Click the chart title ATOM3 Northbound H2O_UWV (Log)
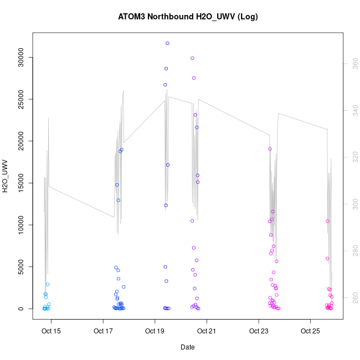pyautogui.click(x=188, y=17)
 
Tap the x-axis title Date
pyautogui.click(x=187, y=347)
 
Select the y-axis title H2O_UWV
pyautogui.click(x=6, y=176)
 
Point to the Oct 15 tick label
pyautogui.click(x=52, y=332)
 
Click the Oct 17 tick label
pyautogui.click(x=103, y=332)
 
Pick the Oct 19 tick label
pyautogui.click(x=155, y=332)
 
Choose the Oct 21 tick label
pyautogui.click(x=207, y=332)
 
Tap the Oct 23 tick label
pyautogui.click(x=258, y=332)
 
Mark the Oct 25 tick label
pyautogui.click(x=310, y=332)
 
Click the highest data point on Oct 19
pyautogui.click(x=167, y=43)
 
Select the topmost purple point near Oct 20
pyautogui.click(x=192, y=58)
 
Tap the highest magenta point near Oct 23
pyautogui.click(x=270, y=148)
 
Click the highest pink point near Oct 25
pyautogui.click(x=327, y=221)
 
